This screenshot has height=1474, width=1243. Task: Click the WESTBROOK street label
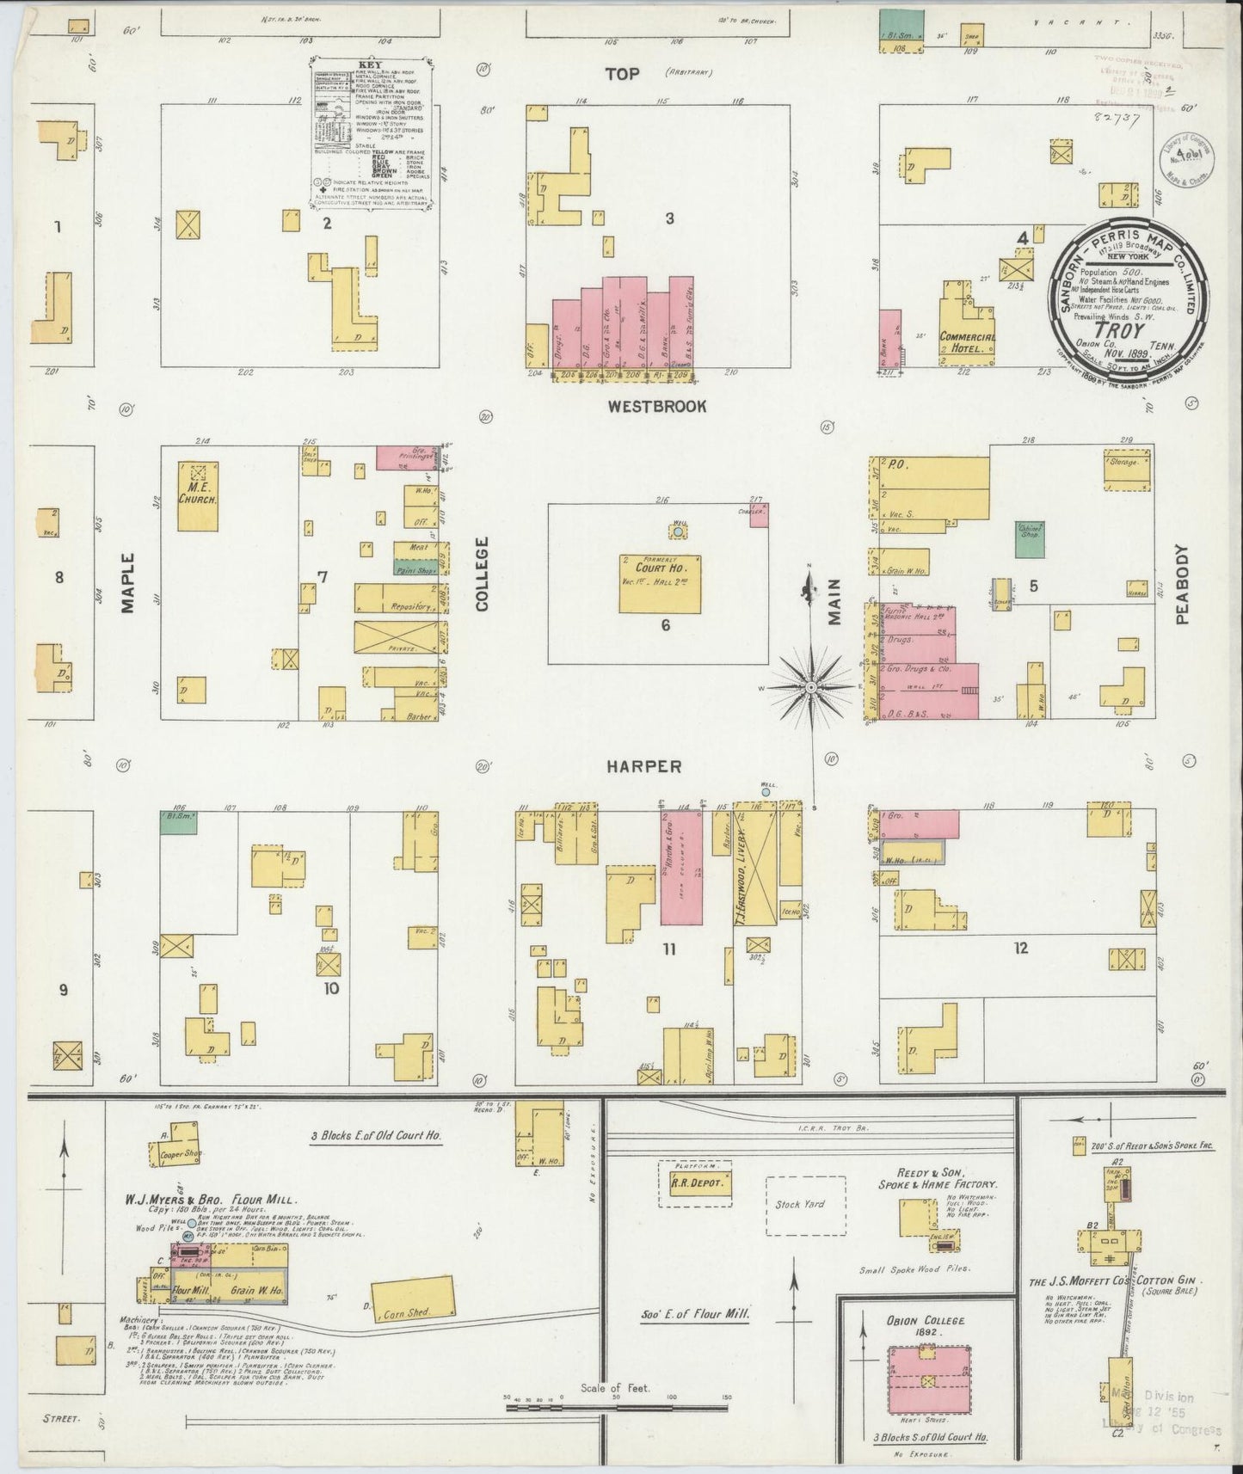pyautogui.click(x=656, y=406)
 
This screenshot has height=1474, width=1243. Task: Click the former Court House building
pyautogui.click(x=659, y=583)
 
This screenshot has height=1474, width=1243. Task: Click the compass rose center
pyautogui.click(x=810, y=688)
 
